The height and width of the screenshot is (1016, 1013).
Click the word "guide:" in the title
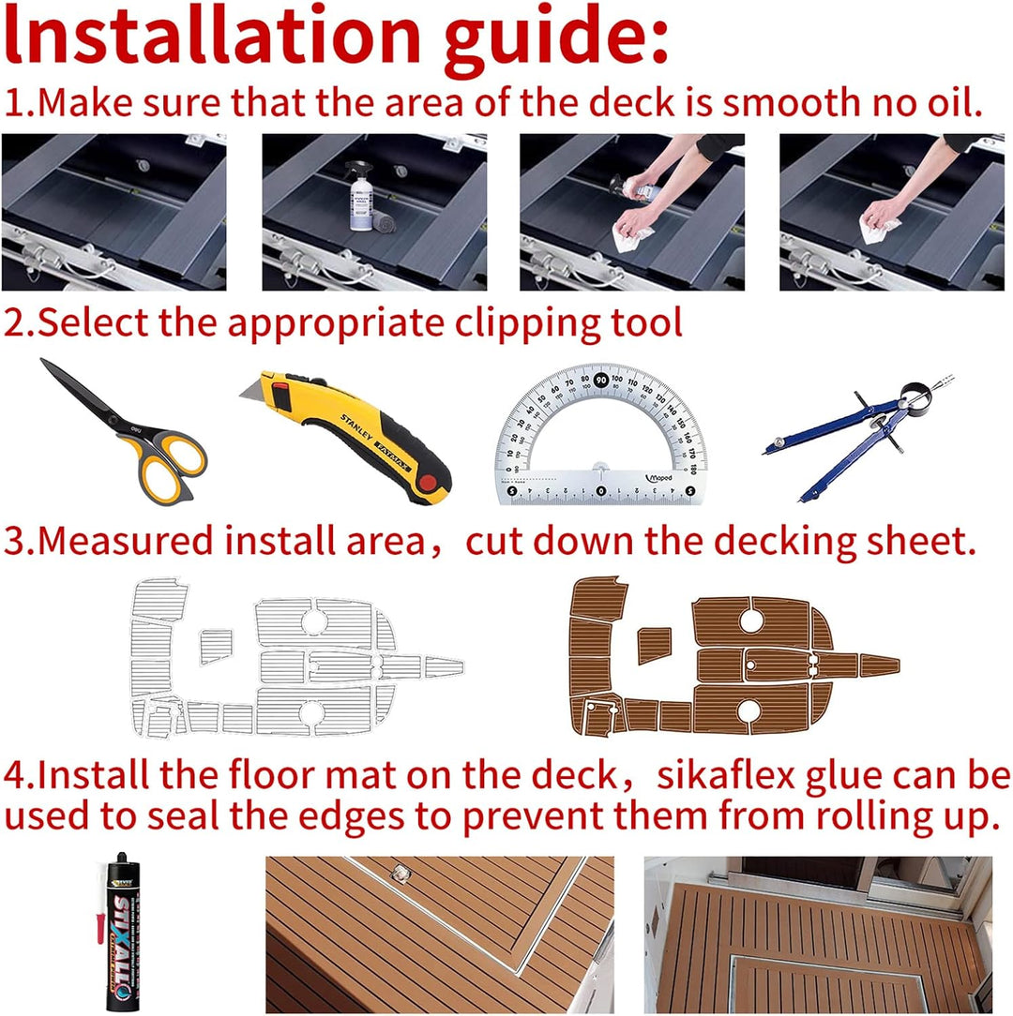coord(556,38)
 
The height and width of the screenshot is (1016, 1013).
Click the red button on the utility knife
coord(427,483)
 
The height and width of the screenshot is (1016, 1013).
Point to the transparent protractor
coord(601,434)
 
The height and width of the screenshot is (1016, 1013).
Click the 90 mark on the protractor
coord(601,380)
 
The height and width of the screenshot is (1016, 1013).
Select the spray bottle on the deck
coord(362,196)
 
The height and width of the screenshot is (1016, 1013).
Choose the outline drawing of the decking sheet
coord(297,658)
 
